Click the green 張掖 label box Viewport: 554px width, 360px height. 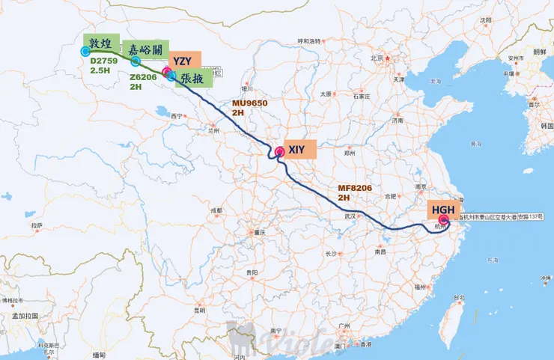tap(192, 77)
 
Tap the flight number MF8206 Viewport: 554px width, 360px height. tap(355, 188)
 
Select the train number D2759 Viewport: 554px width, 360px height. tap(103, 61)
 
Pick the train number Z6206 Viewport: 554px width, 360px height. tap(143, 76)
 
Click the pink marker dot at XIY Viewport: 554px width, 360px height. tap(279, 152)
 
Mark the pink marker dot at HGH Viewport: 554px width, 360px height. tap(443, 220)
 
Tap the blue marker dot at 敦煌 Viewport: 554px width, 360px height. tap(85, 51)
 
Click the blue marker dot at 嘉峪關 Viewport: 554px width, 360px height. tap(136, 61)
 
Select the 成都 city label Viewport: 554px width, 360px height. tap(216, 210)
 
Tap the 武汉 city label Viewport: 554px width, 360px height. tap(350, 216)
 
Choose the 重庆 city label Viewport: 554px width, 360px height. tap(261, 232)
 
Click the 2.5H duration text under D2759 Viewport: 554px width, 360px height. tap(100, 70)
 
